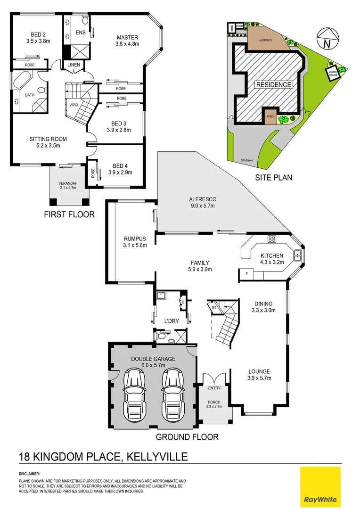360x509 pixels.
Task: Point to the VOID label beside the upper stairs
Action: coord(74,105)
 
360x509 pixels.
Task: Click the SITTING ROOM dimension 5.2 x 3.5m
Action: coord(48,146)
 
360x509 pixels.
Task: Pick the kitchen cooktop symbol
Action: coord(272,239)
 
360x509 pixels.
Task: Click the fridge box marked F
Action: coord(246,273)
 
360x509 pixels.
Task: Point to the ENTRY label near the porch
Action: coord(214,387)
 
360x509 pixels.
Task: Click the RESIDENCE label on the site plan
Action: coord(274,85)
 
